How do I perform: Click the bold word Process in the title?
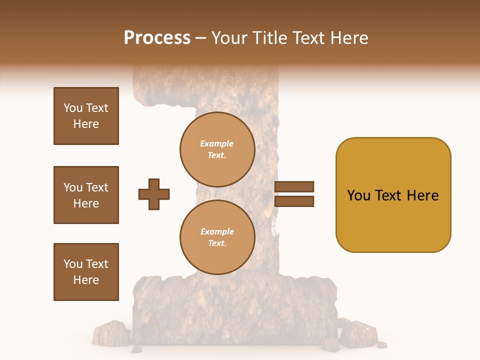pos(157,38)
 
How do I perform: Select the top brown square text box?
pos(86,116)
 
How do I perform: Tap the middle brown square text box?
pos(86,195)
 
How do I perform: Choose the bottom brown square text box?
pos(86,272)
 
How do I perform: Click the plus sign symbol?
pos(154,194)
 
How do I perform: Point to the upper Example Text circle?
pos(217,149)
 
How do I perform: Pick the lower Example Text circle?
pos(217,237)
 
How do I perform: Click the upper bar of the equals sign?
pos(294,186)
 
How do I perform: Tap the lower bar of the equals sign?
pos(294,201)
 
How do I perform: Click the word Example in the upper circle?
pos(217,144)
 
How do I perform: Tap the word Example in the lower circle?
pos(217,232)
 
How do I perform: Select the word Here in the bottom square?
pos(86,280)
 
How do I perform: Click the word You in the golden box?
pos(358,195)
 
